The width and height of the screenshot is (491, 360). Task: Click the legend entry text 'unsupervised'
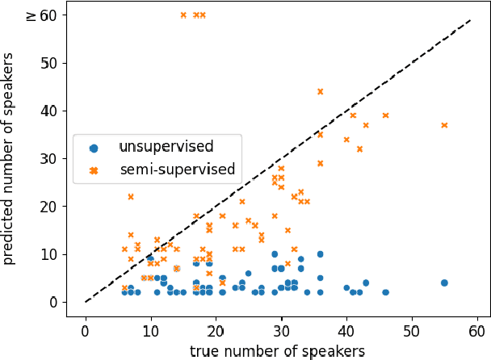(x=166, y=147)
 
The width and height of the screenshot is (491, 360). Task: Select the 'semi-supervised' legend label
(x=176, y=170)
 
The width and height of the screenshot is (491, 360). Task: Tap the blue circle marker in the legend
(x=94, y=148)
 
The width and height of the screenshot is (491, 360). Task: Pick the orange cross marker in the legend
(x=94, y=170)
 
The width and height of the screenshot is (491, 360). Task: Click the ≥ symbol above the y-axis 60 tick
(x=31, y=15)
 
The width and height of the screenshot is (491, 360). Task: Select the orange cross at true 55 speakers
(x=444, y=125)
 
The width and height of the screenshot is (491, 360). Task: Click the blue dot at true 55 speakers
(x=444, y=283)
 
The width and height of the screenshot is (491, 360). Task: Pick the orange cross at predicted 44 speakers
(x=320, y=91)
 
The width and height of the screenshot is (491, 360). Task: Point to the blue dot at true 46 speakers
(x=385, y=292)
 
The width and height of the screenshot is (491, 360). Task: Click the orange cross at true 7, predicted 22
(x=130, y=197)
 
